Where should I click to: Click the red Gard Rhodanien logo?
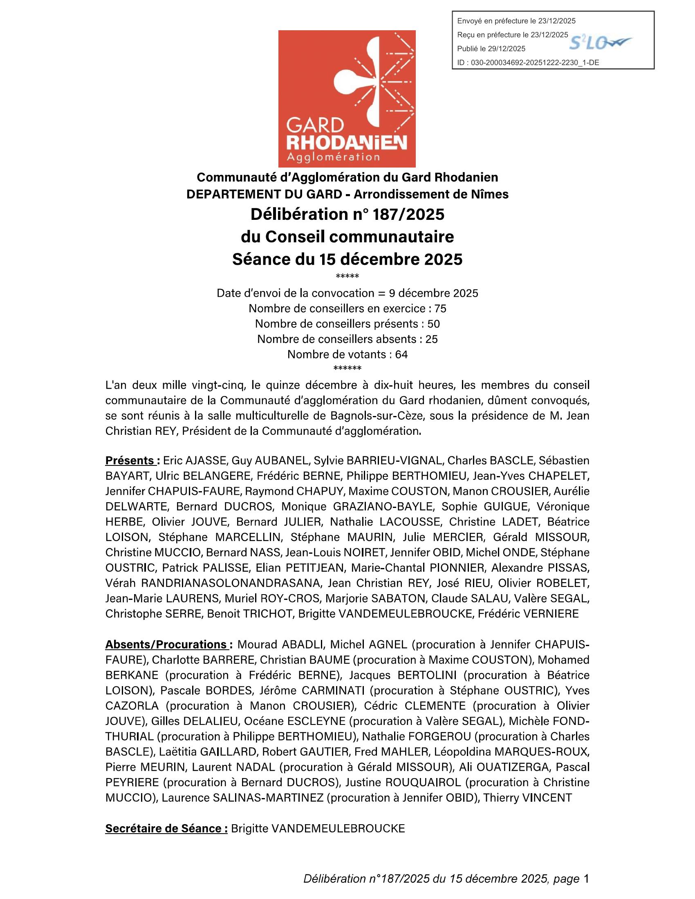click(347, 99)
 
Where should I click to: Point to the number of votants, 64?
click(401, 354)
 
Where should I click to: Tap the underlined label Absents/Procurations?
click(166, 644)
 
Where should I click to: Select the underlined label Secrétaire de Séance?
click(166, 828)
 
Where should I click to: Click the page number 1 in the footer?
click(586, 879)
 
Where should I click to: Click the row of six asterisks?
click(347, 368)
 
